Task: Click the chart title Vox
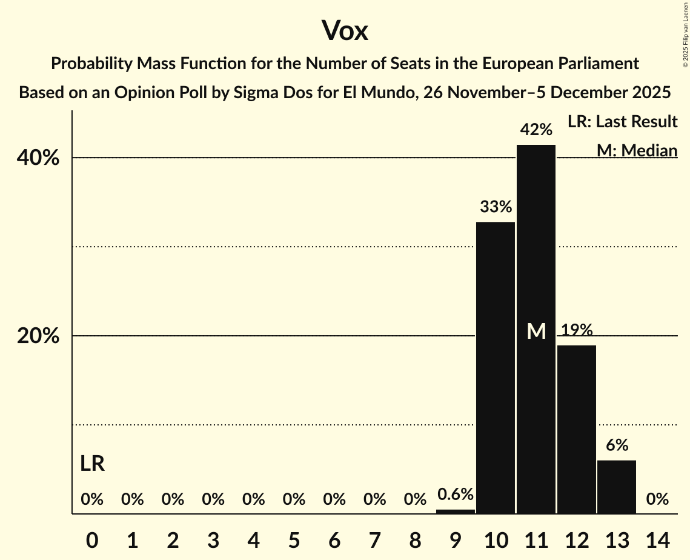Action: [345, 31]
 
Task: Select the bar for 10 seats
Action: [496, 368]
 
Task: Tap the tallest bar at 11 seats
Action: [536, 329]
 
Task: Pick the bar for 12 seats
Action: [577, 429]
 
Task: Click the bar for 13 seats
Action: [617, 487]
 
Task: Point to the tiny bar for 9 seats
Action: [456, 512]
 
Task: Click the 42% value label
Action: [536, 130]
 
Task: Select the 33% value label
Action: [496, 207]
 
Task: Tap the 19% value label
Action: [577, 330]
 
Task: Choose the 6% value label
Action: [617, 445]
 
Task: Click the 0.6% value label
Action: [456, 495]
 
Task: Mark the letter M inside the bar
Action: [536, 331]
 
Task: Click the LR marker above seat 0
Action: [92, 464]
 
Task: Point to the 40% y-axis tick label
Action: [38, 158]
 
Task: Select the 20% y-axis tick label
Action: [38, 336]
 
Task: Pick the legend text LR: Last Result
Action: [622, 122]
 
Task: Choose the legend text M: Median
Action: [637, 150]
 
